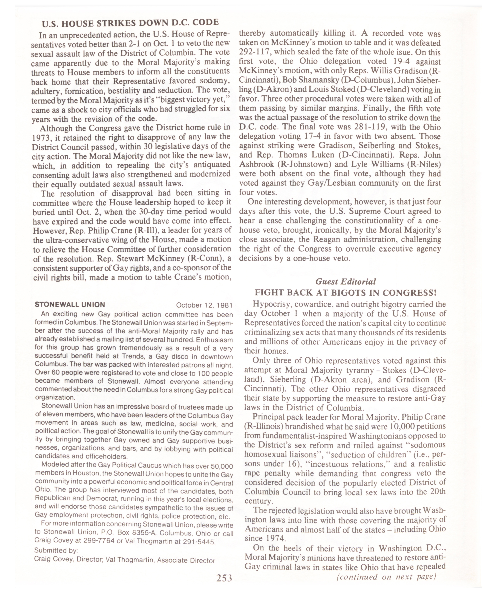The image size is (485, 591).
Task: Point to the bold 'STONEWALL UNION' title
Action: tap(70, 304)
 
